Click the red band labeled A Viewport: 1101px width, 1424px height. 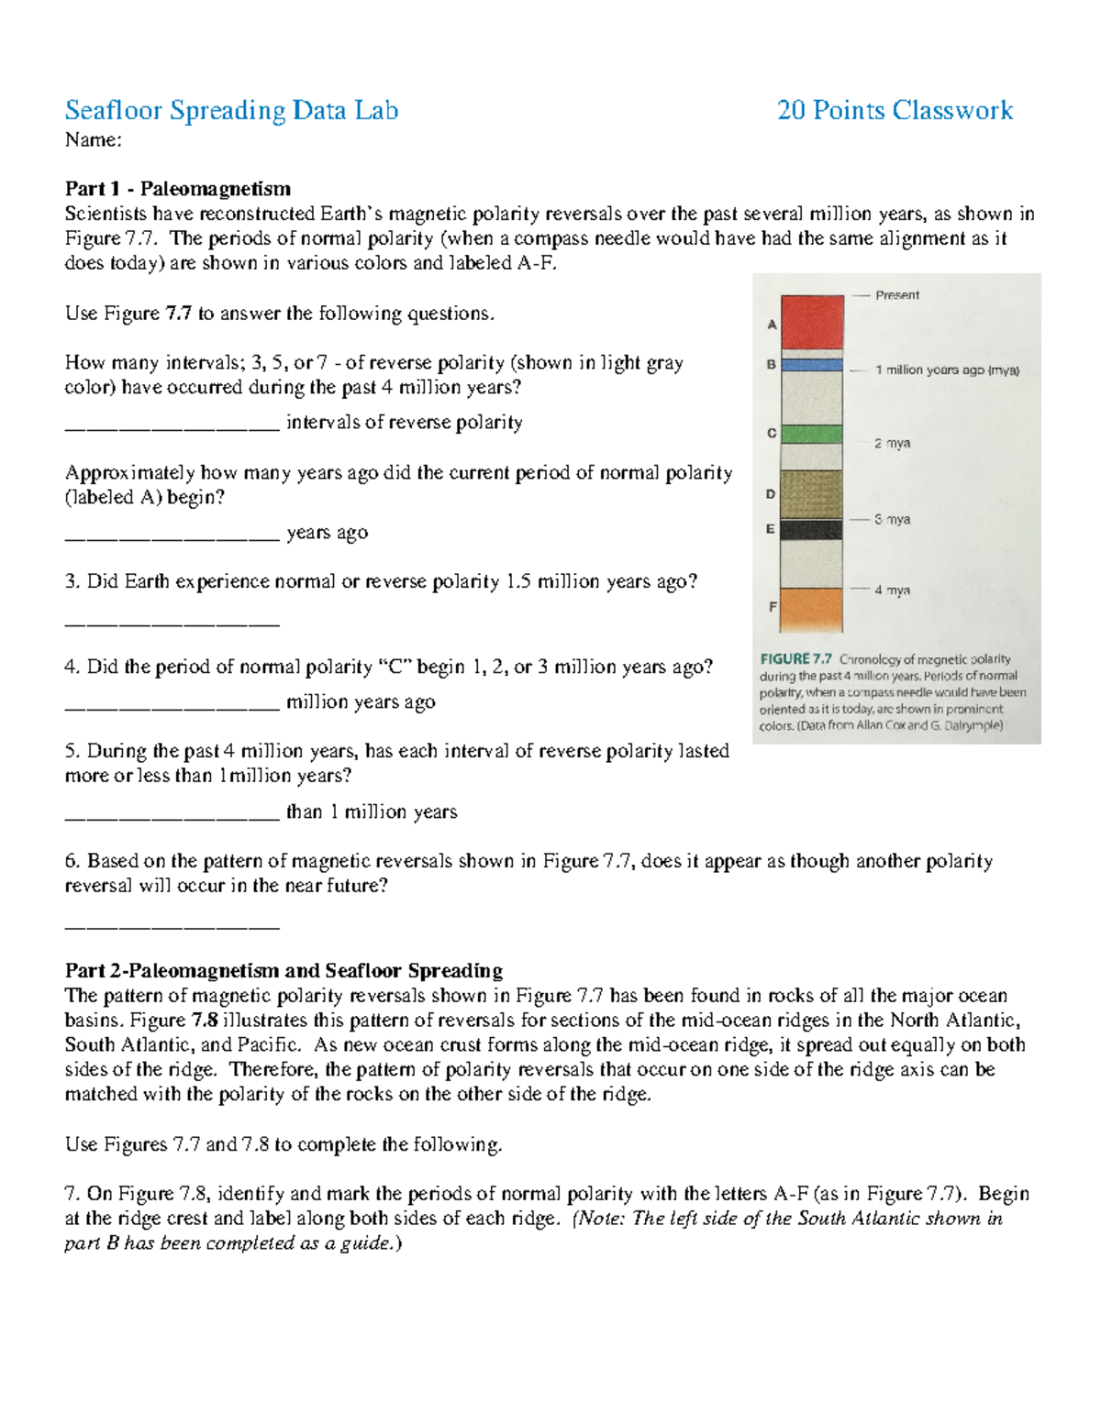[812, 321]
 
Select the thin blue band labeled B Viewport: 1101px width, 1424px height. [812, 365]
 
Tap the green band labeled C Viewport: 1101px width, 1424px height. [812, 434]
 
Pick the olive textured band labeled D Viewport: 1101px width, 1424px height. [812, 494]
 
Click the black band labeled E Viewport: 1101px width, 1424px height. [812, 530]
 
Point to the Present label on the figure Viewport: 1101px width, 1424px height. [896, 295]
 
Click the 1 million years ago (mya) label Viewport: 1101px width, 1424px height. [946, 370]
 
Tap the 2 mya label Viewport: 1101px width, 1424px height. [892, 444]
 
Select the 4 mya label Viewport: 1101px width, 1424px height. [892, 591]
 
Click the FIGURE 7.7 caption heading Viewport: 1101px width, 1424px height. [795, 659]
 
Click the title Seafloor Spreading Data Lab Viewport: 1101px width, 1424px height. [231, 111]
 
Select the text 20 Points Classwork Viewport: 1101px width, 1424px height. [895, 111]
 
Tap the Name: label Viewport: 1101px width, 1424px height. [93, 140]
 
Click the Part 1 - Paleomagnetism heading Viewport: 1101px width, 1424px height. [178, 189]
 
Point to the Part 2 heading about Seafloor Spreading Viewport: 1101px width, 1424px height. [284, 971]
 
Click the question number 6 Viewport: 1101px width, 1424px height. [72, 861]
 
